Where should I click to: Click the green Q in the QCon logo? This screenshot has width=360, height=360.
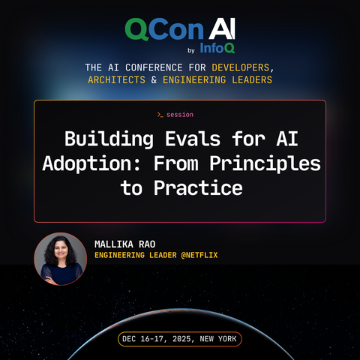pyautogui.click(x=137, y=29)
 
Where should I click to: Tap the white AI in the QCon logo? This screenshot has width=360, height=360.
pyautogui.click(x=222, y=28)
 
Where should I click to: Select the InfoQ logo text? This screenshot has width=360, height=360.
pyautogui.click(x=217, y=48)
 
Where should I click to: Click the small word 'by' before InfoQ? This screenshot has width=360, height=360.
pyautogui.click(x=191, y=50)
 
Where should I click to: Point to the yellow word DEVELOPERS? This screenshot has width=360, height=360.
pyautogui.click(x=241, y=67)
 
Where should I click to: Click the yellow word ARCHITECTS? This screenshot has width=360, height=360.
pyautogui.click(x=116, y=79)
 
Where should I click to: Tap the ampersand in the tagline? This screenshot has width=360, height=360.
pyautogui.click(x=154, y=79)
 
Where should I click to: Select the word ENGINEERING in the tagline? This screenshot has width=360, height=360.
pyautogui.click(x=194, y=79)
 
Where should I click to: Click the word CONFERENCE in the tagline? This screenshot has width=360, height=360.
pyautogui.click(x=154, y=67)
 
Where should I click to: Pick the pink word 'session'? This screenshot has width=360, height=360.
pyautogui.click(x=180, y=115)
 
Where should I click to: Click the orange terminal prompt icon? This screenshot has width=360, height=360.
pyautogui.click(x=160, y=115)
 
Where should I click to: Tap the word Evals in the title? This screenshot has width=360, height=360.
pyautogui.click(x=193, y=139)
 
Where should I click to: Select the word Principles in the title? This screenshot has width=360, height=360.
pyautogui.click(x=265, y=163)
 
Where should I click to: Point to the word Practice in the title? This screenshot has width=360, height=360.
pyautogui.click(x=198, y=187)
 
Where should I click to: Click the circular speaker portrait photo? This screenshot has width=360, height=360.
pyautogui.click(x=61, y=259)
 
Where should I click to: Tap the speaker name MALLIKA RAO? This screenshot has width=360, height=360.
pyautogui.click(x=125, y=244)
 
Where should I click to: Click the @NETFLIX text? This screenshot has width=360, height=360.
pyautogui.click(x=199, y=255)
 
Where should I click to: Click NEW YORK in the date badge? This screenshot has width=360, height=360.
pyautogui.click(x=218, y=339)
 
